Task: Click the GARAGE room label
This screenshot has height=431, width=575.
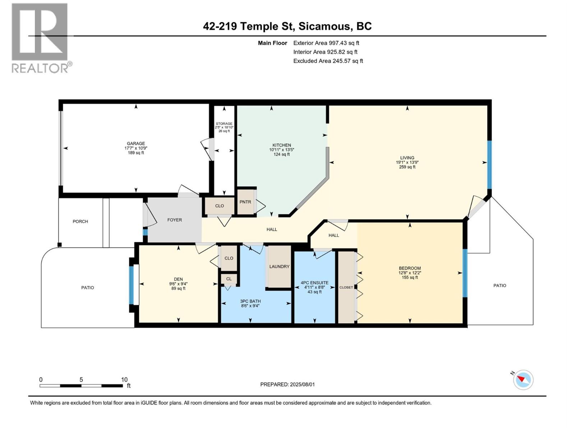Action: pyautogui.click(x=136, y=143)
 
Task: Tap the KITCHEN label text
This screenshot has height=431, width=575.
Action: pyautogui.click(x=282, y=145)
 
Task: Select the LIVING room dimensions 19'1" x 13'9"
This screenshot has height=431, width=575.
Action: pyautogui.click(x=407, y=162)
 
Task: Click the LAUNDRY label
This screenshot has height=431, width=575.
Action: pyautogui.click(x=279, y=267)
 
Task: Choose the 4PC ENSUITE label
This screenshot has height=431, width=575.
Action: pyautogui.click(x=314, y=283)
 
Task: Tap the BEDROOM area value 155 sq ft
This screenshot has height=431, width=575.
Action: pyautogui.click(x=410, y=277)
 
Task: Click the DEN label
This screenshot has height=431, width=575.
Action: pyautogui.click(x=178, y=279)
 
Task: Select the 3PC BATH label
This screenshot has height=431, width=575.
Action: pyautogui.click(x=250, y=301)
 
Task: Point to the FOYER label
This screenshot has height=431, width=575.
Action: pyautogui.click(x=174, y=220)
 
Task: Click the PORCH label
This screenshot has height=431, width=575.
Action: pyautogui.click(x=80, y=221)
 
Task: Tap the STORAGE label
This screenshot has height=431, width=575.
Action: pyautogui.click(x=224, y=124)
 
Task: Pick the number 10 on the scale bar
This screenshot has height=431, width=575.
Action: pyautogui.click(x=124, y=379)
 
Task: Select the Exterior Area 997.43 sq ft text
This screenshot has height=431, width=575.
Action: pyautogui.click(x=326, y=43)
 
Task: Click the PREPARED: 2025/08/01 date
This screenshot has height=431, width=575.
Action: pyautogui.click(x=287, y=384)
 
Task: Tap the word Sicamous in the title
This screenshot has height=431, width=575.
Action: pyautogui.click(x=324, y=27)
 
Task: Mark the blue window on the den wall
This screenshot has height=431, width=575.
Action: pyautogui.click(x=132, y=285)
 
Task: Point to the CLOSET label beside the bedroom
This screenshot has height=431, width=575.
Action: pyautogui.click(x=346, y=287)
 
